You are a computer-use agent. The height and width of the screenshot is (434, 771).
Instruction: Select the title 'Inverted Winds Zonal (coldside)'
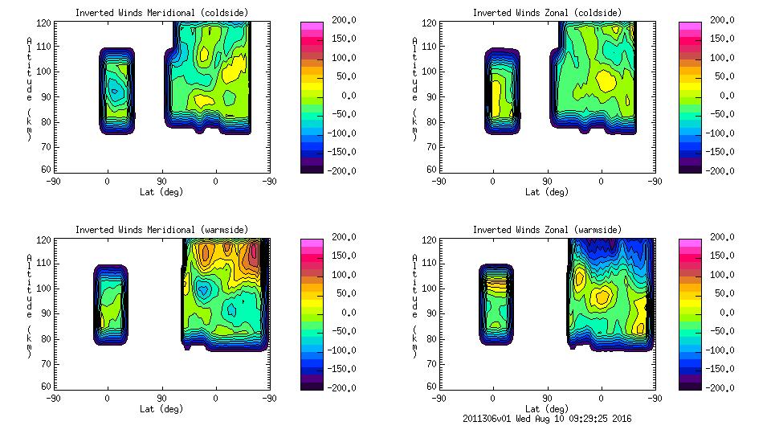pos(546,13)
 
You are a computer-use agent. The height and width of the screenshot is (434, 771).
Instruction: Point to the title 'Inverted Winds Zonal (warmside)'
pos(546,230)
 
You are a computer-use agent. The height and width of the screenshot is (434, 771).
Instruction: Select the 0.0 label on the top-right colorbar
pos(724,96)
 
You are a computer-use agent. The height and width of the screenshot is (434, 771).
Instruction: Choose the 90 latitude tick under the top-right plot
pos(547,182)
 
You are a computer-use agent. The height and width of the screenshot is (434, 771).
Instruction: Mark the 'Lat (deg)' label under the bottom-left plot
pos(161,408)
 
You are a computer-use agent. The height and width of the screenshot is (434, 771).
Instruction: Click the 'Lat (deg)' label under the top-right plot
pos(547,191)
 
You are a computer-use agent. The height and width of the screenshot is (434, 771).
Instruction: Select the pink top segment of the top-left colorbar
pos(311,27)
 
